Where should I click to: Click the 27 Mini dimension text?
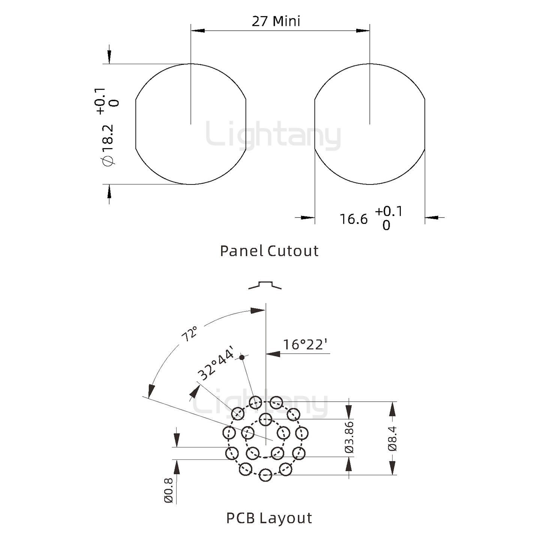coord(276,21)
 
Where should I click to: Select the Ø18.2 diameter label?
coord(108,144)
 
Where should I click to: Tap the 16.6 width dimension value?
coord(354,219)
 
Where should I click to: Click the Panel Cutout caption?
coord(269,251)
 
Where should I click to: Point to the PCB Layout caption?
coord(269,518)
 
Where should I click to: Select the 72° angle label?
coord(189,334)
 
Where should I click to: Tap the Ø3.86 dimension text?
coord(349,437)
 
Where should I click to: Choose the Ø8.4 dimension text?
coord(392,438)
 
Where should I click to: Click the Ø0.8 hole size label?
coord(168,490)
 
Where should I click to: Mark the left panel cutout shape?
coord(190,124)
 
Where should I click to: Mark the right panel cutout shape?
coord(370,124)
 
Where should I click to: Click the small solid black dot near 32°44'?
coord(242,357)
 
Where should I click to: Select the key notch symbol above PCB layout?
coord(265,285)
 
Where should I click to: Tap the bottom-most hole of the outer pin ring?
coord(265,475)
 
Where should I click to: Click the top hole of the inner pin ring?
coord(265,419)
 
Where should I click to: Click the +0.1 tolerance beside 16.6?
coord(388,211)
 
